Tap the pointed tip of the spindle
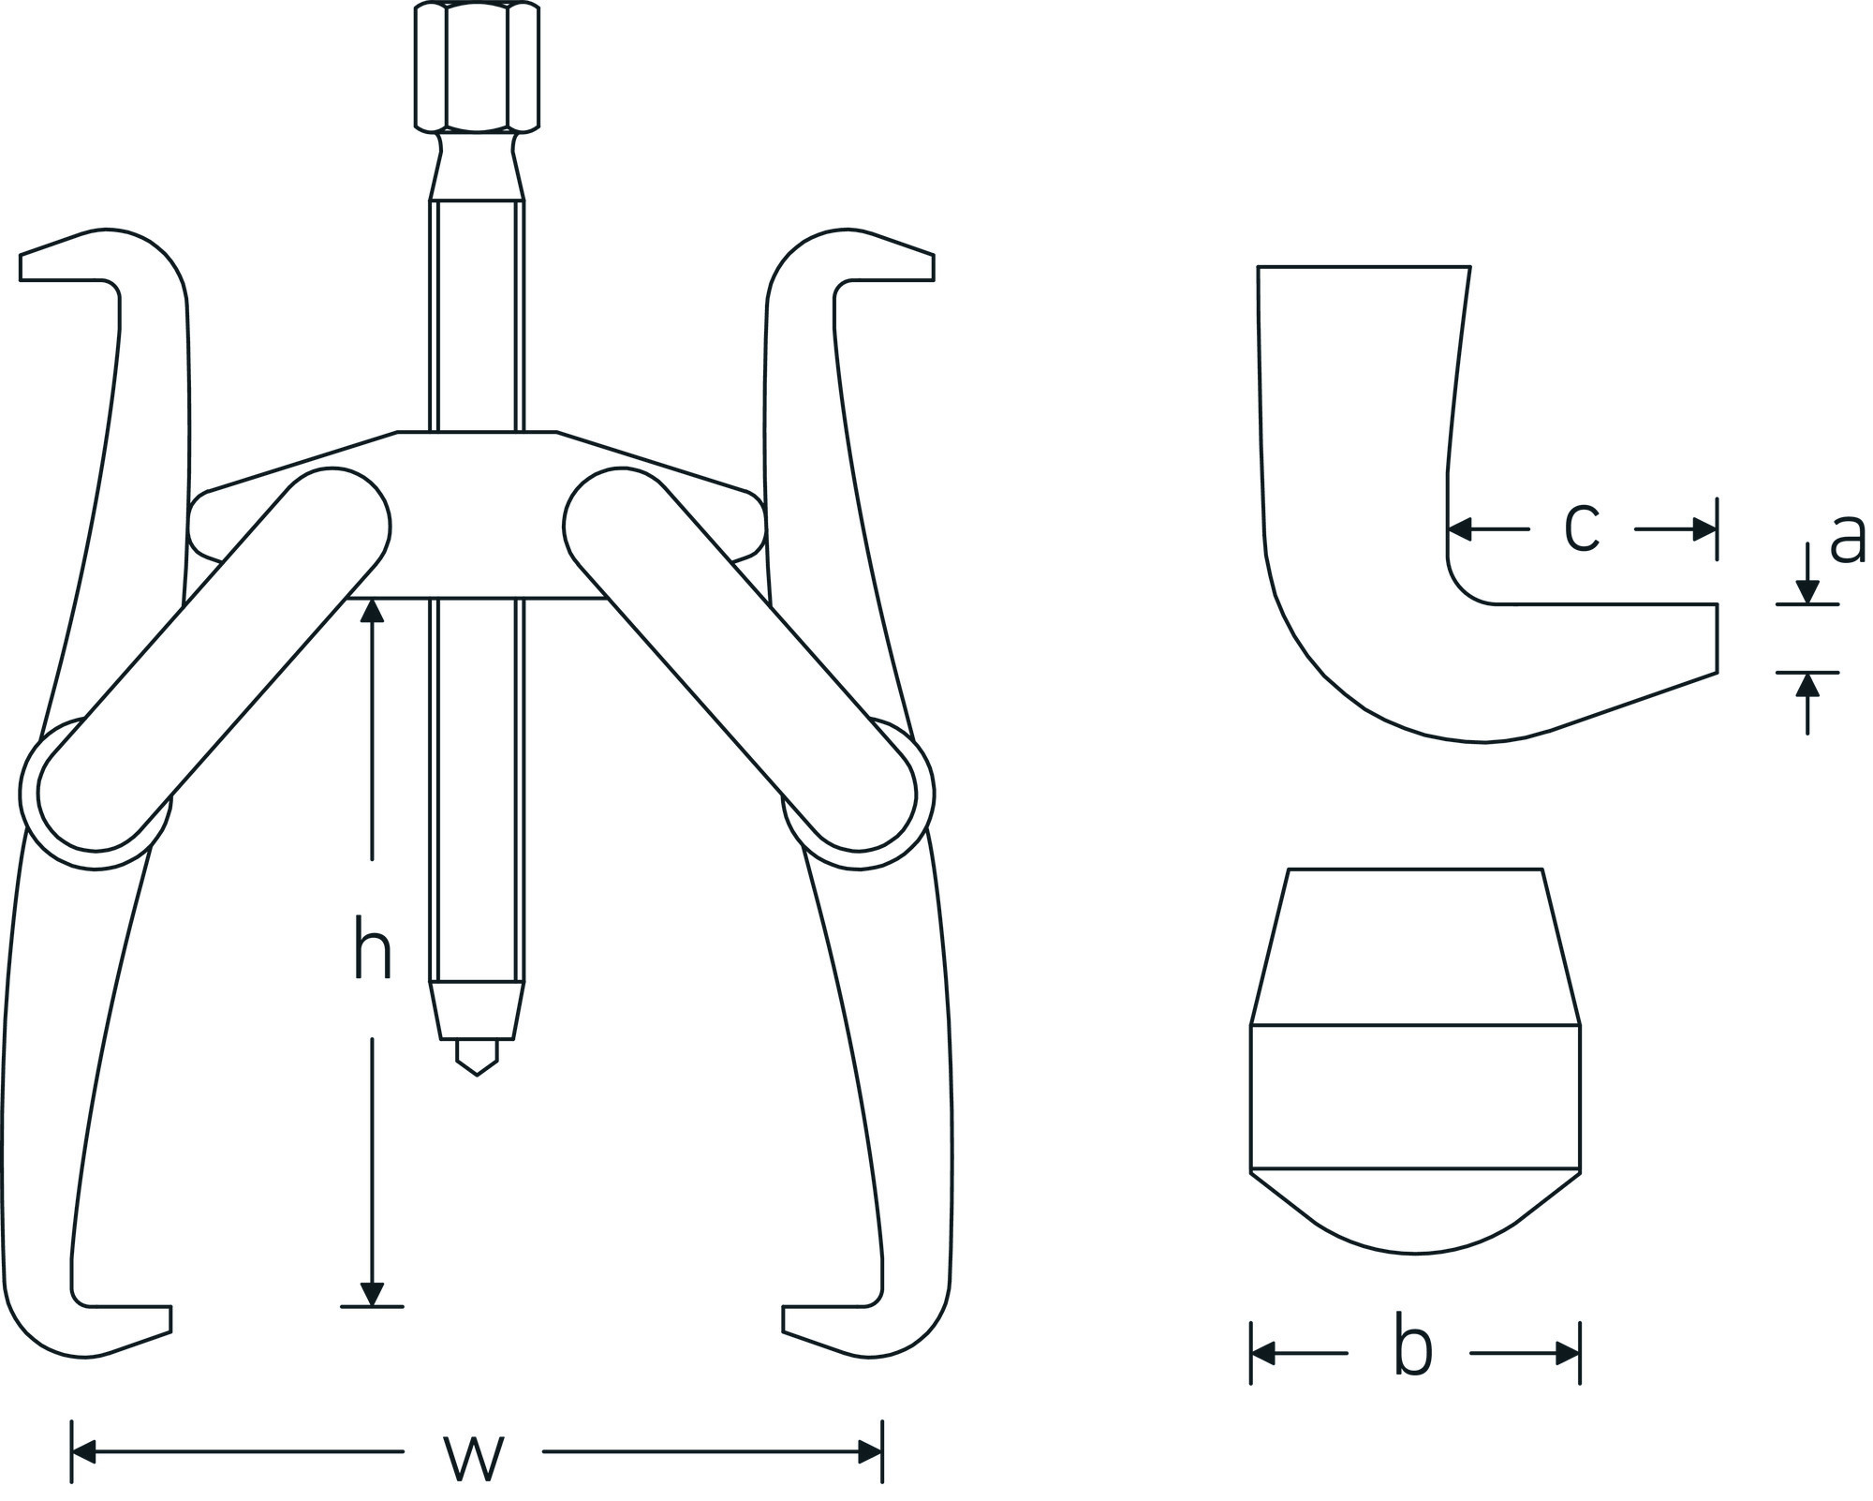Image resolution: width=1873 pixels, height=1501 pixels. pyautogui.click(x=477, y=1074)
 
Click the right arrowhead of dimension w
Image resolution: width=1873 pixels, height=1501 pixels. pyautogui.click(x=870, y=1453)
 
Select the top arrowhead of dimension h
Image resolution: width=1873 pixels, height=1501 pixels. pyautogui.click(x=373, y=611)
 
